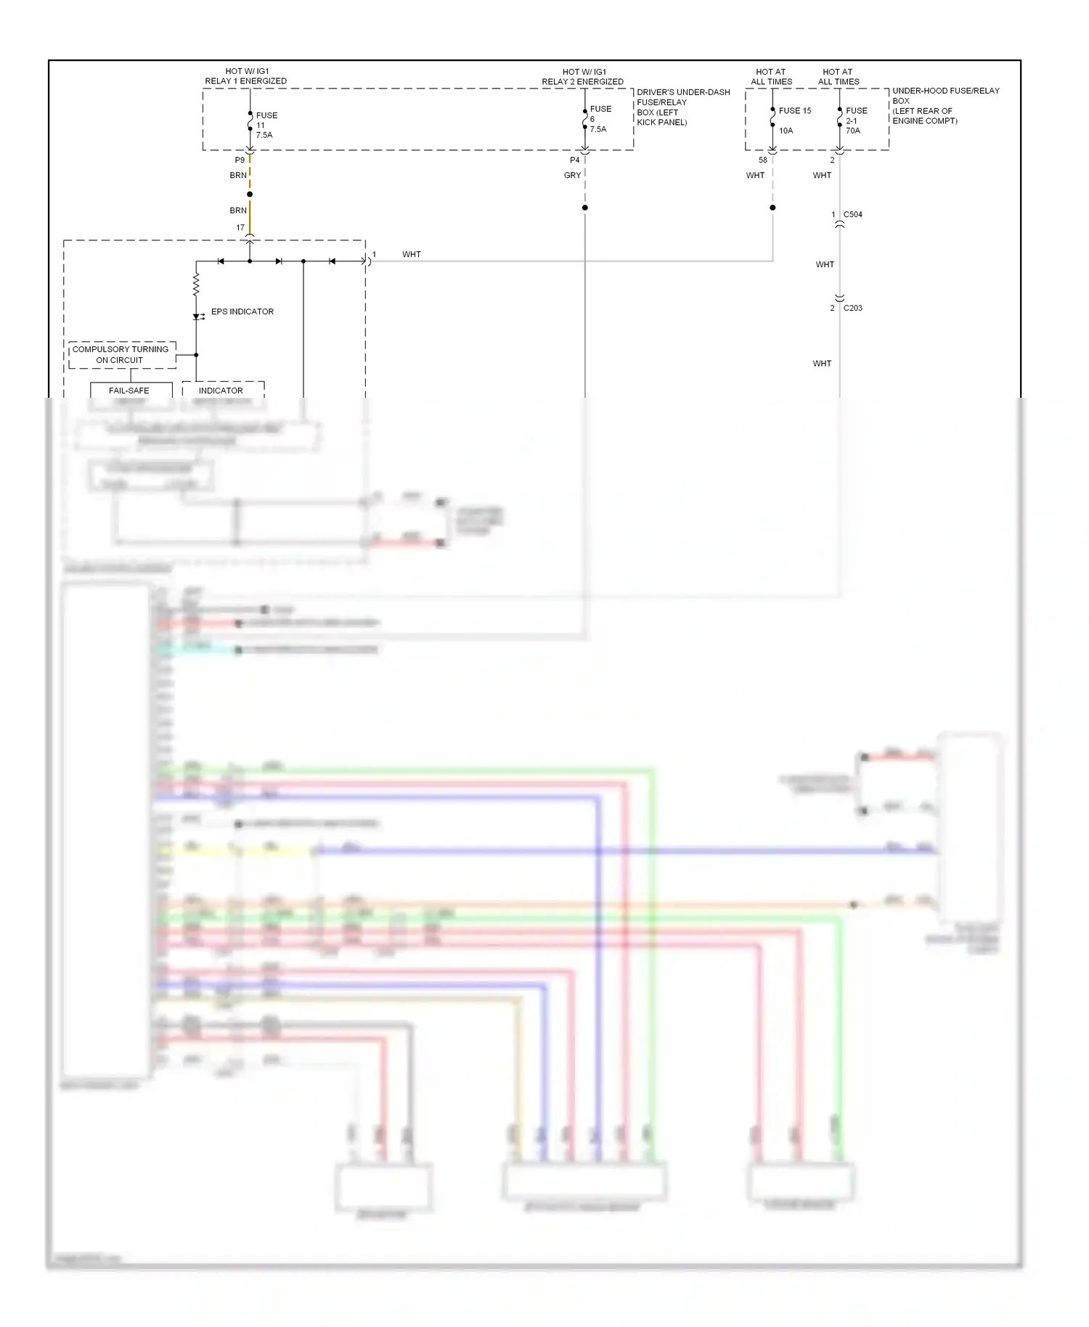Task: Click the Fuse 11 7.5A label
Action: click(x=265, y=125)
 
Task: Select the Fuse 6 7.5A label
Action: click(x=600, y=119)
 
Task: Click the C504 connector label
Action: click(x=852, y=215)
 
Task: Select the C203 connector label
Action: click(x=852, y=309)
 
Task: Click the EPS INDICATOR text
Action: click(x=242, y=312)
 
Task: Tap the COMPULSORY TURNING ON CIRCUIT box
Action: click(x=121, y=355)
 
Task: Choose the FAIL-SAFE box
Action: click(x=130, y=391)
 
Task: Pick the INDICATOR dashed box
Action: click(x=221, y=391)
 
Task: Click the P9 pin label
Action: click(x=240, y=160)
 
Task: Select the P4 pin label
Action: click(x=574, y=160)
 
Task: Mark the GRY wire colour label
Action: click(x=572, y=176)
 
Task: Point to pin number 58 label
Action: click(x=762, y=160)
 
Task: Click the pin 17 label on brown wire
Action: click(x=240, y=228)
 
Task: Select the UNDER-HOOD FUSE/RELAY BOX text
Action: click(x=945, y=106)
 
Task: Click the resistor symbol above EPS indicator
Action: click(x=196, y=284)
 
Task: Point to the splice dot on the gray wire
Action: click(x=584, y=208)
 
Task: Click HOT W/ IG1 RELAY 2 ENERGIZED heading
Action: click(x=582, y=77)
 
